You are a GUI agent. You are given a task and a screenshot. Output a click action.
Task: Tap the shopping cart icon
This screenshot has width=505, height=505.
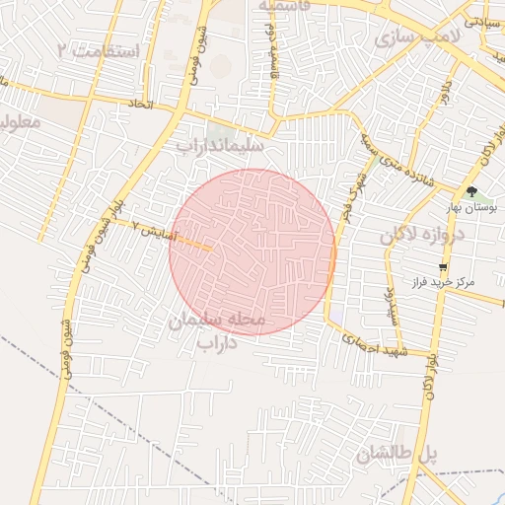pos(444,266)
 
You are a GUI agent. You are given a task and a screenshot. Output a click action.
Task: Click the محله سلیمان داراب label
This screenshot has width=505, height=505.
pos(219,332)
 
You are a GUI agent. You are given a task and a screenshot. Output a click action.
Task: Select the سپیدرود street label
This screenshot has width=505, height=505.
pos(392,306)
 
